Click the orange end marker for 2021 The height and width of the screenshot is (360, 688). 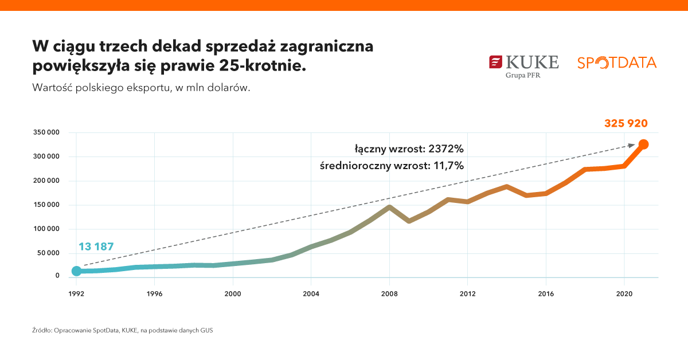643,144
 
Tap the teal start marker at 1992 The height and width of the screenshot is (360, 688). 76,271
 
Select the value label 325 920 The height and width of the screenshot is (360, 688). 626,123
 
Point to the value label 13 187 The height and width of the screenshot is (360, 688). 96,246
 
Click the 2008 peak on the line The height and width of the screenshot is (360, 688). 389,207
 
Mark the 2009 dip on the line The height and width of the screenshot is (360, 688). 409,221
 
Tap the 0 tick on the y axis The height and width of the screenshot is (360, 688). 57,276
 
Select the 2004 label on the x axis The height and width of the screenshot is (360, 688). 311,294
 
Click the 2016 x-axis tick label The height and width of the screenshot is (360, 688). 546,294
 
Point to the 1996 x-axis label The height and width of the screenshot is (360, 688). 154,294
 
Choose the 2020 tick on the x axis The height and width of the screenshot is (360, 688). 624,294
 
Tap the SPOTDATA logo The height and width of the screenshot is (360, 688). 617,62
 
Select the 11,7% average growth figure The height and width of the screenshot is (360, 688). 449,166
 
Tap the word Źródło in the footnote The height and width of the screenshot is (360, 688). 42,331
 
